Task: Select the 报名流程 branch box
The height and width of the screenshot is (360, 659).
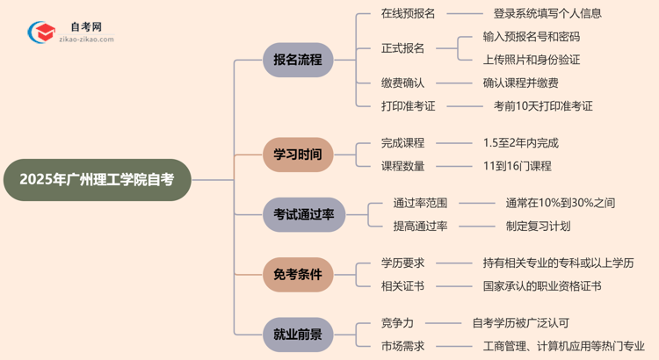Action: pyautogui.click(x=298, y=61)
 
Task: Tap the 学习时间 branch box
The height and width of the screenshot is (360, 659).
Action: pyautogui.click(x=298, y=155)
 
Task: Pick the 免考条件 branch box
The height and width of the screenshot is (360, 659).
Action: pyautogui.click(x=298, y=274)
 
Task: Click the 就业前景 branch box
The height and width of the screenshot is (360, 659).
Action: pyautogui.click(x=298, y=334)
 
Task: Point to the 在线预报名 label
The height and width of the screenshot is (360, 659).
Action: pyautogui.click(x=408, y=14)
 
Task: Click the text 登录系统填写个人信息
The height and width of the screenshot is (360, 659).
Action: pyautogui.click(x=547, y=14)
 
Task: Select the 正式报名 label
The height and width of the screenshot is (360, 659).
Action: pyautogui.click(x=402, y=48)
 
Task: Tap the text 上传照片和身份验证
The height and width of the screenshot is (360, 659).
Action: pyautogui.click(x=532, y=60)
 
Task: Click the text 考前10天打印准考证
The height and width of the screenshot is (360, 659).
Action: pyautogui.click(x=543, y=106)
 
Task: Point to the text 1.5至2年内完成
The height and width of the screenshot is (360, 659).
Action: pyautogui.click(x=520, y=142)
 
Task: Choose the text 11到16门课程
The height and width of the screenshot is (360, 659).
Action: pyautogui.click(x=517, y=166)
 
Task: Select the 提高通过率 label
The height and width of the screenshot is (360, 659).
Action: pyautogui.click(x=420, y=226)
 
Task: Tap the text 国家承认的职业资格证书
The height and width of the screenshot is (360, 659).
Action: pyautogui.click(x=542, y=285)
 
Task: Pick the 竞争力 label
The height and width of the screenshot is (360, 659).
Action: pyautogui.click(x=399, y=322)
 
